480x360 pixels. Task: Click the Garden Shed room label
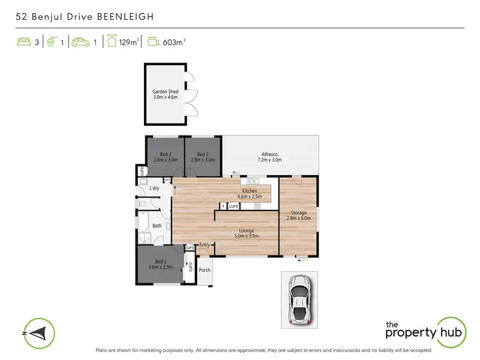(165, 95)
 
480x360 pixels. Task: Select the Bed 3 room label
(203, 157)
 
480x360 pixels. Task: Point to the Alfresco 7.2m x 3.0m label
(269, 157)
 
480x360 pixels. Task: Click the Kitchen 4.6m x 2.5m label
(250, 194)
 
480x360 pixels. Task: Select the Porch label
(205, 270)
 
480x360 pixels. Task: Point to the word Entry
(205, 245)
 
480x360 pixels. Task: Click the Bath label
(157, 226)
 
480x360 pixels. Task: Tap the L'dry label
(154, 189)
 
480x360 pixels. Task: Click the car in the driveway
(299, 301)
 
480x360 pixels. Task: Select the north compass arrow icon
(38, 333)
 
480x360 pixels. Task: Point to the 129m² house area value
(130, 43)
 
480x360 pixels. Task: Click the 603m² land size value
(174, 43)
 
